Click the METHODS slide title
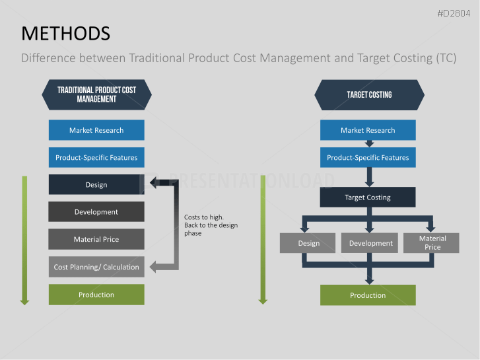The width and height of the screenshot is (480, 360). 65,34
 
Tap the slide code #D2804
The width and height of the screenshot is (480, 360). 454,13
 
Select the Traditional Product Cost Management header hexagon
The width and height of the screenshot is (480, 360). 96,94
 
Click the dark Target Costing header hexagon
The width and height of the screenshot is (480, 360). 369,95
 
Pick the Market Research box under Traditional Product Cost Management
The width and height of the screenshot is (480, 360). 96,130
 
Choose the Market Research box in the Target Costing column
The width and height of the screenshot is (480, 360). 368,130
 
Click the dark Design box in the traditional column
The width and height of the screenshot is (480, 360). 96,184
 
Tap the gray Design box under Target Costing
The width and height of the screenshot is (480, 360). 308,243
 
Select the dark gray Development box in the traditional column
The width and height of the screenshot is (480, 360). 96,212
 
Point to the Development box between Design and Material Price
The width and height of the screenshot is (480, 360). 370,243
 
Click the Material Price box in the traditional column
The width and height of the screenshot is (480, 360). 96,239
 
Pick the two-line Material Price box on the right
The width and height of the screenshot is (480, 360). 431,243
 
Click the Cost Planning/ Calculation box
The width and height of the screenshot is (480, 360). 96,267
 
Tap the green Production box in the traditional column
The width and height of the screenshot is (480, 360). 96,295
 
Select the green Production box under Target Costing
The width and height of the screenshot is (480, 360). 368,295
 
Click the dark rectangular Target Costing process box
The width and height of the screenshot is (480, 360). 368,197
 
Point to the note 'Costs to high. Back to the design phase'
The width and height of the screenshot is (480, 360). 211,225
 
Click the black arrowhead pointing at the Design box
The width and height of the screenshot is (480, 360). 154,182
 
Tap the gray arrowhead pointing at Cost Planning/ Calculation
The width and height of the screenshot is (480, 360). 153,267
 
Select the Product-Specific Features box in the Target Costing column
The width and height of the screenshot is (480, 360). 368,157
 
